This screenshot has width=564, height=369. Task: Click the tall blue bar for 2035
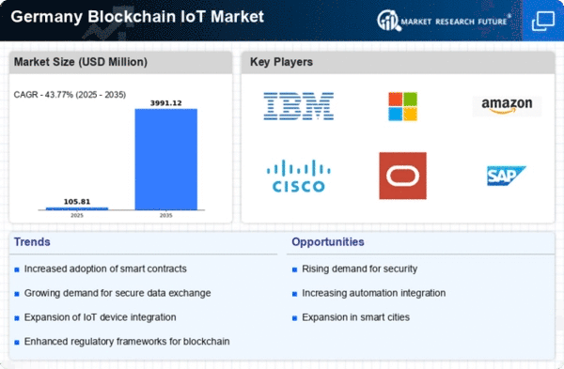pos(165,160)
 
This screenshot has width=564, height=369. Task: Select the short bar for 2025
pos(77,208)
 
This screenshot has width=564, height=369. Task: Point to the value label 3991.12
pos(165,103)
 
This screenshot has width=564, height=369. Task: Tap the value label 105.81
pos(77,202)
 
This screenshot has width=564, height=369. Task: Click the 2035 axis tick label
pos(165,216)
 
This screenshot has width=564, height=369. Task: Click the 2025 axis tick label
pos(77,216)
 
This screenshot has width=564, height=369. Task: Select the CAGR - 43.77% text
pos(43,95)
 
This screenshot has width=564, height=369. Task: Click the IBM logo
pos(299,106)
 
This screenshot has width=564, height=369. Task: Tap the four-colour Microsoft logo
pos(403,106)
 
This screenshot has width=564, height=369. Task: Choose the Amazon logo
pos(507,106)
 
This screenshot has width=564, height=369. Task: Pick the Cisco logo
pos(299,177)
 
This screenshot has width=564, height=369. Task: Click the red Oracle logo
pos(403,176)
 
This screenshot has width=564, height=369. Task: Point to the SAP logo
pos(507,176)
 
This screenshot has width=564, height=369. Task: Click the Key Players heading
pos(281,62)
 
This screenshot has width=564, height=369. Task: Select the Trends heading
pos(32,242)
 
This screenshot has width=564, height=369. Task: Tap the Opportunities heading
pos(328,242)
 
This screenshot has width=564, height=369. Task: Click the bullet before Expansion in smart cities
pos(294,318)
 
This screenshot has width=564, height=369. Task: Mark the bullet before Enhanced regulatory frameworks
pos(17,343)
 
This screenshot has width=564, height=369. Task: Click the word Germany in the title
pos(47,17)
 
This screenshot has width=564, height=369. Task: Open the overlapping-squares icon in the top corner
pos(543,21)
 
